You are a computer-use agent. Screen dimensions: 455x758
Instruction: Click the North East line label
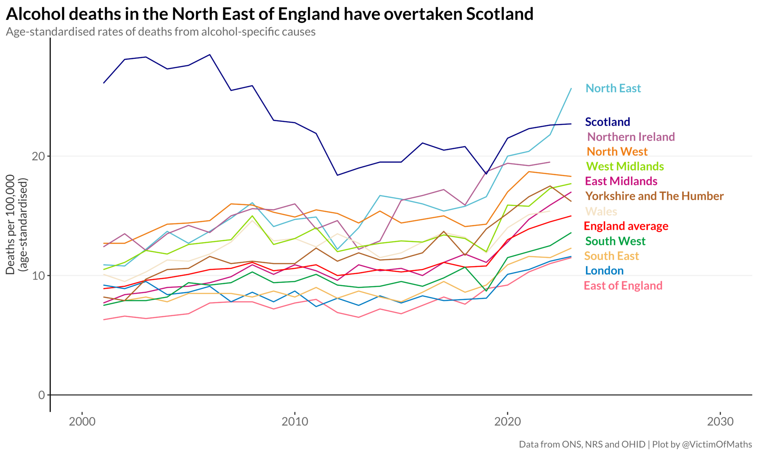tap(613, 88)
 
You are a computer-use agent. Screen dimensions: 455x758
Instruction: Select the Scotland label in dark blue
tap(607, 122)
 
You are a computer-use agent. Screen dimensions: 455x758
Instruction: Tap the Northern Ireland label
tap(631, 137)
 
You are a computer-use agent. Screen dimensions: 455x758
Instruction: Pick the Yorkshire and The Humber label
tap(654, 196)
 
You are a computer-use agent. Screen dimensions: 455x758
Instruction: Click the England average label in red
tap(626, 226)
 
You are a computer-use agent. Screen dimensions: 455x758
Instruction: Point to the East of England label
tap(623, 285)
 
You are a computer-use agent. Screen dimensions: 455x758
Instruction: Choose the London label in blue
tap(604, 271)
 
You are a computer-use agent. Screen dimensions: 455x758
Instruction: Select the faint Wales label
tap(601, 211)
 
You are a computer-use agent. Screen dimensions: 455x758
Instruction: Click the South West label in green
tap(615, 241)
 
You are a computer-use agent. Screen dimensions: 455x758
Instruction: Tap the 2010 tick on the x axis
tap(295, 421)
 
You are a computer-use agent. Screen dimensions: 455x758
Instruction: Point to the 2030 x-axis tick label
tap(720, 421)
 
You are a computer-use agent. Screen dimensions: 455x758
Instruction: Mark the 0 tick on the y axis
tap(41, 395)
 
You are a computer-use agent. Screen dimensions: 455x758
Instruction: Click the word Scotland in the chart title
tap(499, 14)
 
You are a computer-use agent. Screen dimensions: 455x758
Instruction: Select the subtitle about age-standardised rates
tap(161, 32)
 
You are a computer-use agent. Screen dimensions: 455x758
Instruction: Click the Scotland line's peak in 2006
tap(210, 55)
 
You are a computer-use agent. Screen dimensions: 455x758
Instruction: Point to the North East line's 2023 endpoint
tap(571, 88)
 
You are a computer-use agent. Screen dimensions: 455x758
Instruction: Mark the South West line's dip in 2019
tap(486, 291)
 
